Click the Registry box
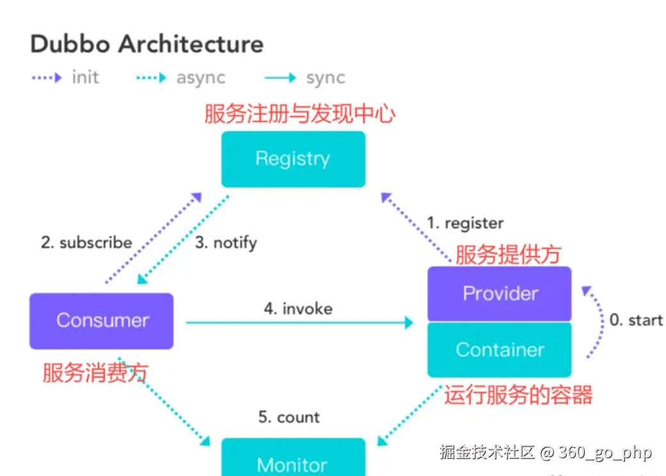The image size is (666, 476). pyautogui.click(x=293, y=159)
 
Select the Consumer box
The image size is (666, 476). pyautogui.click(x=102, y=321)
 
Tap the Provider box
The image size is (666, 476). pyautogui.click(x=500, y=294)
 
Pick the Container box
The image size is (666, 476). pyautogui.click(x=500, y=349)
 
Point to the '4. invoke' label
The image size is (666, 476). pyautogui.click(x=298, y=309)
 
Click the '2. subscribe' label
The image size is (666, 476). pyautogui.click(x=86, y=243)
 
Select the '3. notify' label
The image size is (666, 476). pyautogui.click(x=226, y=243)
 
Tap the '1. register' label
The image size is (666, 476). pyautogui.click(x=465, y=223)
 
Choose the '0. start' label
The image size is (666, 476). pyautogui.click(x=636, y=320)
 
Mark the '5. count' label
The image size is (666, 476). pyautogui.click(x=289, y=417)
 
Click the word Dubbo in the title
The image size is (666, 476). pyautogui.click(x=70, y=44)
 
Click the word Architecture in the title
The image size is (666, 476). pyautogui.click(x=191, y=44)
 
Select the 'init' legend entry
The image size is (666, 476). pyautogui.click(x=85, y=78)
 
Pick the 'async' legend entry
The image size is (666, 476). pyautogui.click(x=200, y=78)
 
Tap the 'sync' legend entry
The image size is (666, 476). pyautogui.click(x=325, y=78)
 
